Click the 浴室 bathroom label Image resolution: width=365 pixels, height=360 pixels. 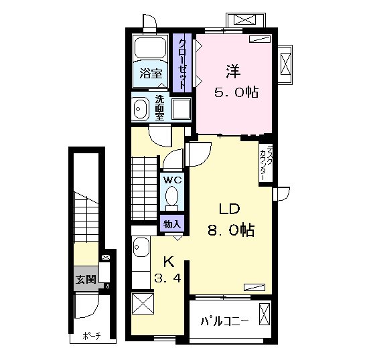point(151,74)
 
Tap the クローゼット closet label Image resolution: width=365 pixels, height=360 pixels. point(182,64)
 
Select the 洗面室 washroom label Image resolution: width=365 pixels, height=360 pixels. point(159,108)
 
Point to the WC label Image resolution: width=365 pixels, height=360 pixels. point(172,180)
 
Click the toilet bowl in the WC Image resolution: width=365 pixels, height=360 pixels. point(172,197)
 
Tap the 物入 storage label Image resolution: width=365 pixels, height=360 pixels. point(172,224)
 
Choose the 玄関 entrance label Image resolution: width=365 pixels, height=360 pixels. point(86,279)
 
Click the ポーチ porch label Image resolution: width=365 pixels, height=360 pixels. point(92,336)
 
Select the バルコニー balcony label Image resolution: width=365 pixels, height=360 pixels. point(224,321)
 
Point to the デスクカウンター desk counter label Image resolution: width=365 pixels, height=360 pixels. point(266,163)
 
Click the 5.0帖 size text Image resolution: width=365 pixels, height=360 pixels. point(236,92)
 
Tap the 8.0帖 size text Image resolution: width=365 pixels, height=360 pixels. point(230,230)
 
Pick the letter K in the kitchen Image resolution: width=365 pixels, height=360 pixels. point(169,262)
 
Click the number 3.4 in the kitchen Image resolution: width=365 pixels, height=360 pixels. point(167,278)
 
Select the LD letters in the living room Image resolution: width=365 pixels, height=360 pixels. point(229,209)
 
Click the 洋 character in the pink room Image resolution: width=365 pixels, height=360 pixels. point(233,72)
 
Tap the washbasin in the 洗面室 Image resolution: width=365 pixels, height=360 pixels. point(140,109)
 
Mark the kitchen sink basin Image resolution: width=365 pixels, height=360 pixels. point(141,247)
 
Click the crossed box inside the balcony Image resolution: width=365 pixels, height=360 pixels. point(265,314)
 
